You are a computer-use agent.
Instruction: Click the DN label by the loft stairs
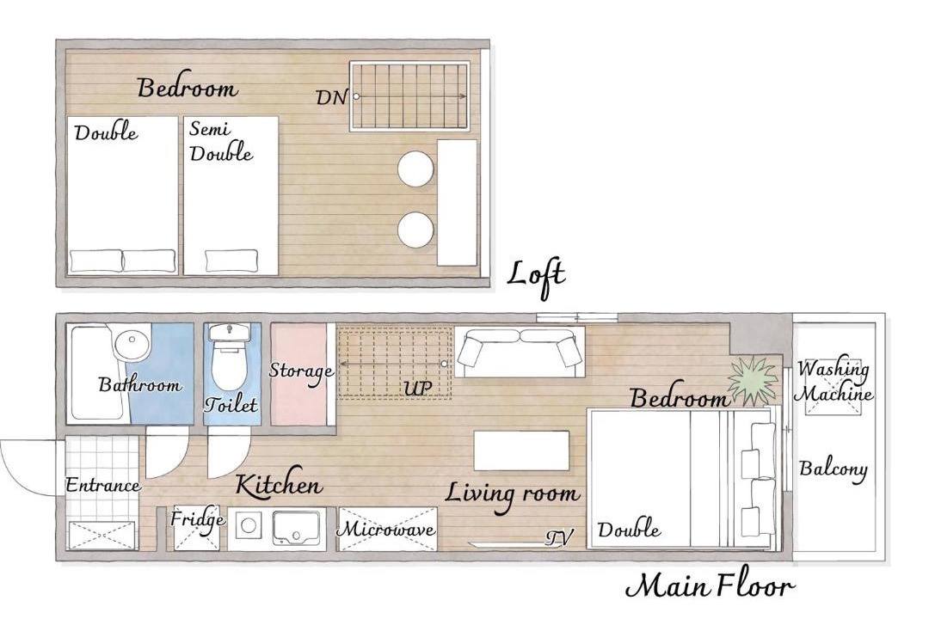331,97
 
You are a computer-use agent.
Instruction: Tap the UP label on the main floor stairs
418,388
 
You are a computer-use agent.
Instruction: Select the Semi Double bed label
220,141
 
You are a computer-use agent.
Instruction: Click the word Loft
536,276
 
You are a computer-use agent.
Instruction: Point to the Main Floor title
709,586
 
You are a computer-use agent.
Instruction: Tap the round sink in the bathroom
132,343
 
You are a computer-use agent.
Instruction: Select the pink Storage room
299,374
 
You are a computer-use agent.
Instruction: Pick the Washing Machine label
833,382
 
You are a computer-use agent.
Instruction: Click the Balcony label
833,469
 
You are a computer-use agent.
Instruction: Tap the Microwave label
385,529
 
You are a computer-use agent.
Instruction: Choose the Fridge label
197,520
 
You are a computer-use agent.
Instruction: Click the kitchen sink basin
296,528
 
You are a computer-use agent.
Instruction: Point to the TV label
559,537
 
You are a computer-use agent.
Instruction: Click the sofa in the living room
520,353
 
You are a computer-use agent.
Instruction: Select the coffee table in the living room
521,450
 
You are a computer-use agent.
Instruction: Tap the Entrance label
102,485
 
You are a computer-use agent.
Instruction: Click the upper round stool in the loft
415,169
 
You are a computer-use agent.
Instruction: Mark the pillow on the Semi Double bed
231,260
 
